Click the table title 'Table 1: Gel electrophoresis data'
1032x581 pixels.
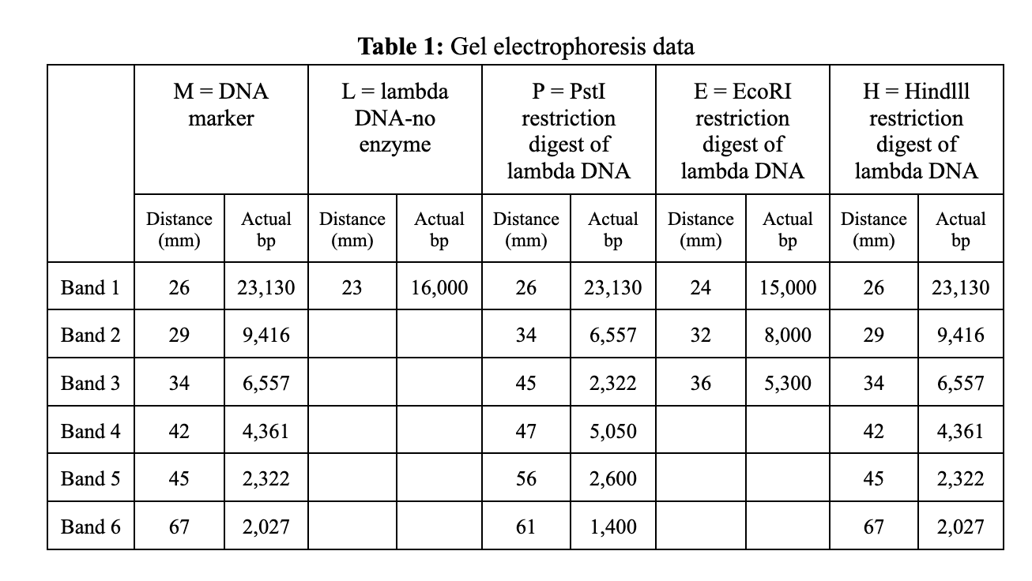[x=526, y=47]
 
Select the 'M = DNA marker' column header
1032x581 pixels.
[x=220, y=105]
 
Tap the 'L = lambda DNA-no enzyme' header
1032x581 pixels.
[x=394, y=118]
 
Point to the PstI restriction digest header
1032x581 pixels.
[x=568, y=131]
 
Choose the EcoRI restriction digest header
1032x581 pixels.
[x=742, y=131]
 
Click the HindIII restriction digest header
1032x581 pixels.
[x=916, y=131]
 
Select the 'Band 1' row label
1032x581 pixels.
[x=91, y=287]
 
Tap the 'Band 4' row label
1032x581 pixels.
[x=91, y=431]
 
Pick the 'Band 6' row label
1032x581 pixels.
[x=91, y=527]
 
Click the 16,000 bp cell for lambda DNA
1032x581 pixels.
[x=439, y=288]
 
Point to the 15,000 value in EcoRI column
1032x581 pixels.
[x=787, y=288]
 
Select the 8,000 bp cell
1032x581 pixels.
[x=787, y=335]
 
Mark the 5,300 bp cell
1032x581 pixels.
[x=787, y=384]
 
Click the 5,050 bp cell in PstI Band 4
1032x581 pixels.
[x=613, y=432]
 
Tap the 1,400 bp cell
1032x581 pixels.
[x=613, y=527]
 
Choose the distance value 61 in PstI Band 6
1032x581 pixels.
[x=525, y=527]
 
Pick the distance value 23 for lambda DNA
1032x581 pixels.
[x=352, y=288]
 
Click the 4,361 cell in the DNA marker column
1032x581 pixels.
[x=266, y=432]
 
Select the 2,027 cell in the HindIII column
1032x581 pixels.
[x=960, y=527]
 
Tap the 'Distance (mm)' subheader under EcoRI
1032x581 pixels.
[x=700, y=229]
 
